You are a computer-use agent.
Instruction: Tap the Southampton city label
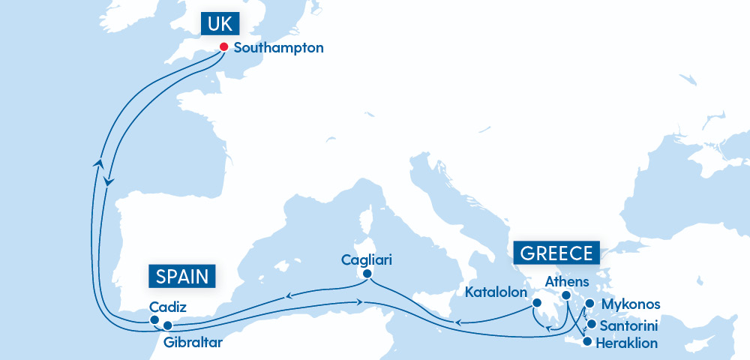(x=279, y=48)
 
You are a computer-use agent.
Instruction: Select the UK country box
(x=220, y=24)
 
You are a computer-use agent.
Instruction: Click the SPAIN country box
(x=182, y=276)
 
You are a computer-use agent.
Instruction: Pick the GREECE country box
(x=555, y=252)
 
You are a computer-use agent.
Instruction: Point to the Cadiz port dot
(x=154, y=319)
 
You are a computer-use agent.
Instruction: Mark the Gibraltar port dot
(x=168, y=325)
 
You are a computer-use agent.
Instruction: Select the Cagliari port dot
(x=367, y=274)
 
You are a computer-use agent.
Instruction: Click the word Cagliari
(x=367, y=260)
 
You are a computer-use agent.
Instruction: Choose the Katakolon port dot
(x=537, y=303)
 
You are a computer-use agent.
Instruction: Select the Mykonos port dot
(x=589, y=304)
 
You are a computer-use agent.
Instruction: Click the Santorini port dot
(x=592, y=325)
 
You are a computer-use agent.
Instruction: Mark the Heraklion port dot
(x=587, y=343)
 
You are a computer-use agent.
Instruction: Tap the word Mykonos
(x=631, y=304)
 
